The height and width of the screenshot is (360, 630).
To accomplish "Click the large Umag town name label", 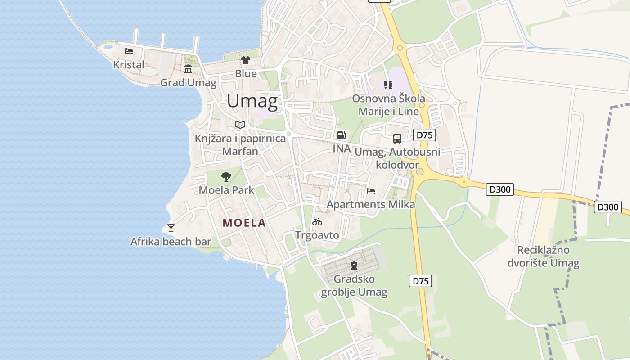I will [252, 101].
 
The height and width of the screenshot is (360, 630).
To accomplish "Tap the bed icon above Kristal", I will [129, 51].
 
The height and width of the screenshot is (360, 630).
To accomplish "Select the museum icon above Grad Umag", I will [188, 69].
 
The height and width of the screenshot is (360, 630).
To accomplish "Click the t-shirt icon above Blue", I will [245, 60].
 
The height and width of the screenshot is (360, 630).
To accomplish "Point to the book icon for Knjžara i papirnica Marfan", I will [240, 125].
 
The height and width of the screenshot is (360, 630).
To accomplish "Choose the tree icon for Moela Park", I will [226, 177].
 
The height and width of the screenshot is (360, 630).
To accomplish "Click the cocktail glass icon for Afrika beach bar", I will [171, 228].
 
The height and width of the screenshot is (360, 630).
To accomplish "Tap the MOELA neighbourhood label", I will [244, 223].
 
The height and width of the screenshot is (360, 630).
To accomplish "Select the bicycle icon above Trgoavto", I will [317, 222].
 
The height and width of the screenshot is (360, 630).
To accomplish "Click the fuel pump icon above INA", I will [342, 135].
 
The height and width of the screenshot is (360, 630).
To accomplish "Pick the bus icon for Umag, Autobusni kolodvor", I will [397, 139].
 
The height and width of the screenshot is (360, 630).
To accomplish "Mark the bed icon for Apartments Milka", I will [371, 191].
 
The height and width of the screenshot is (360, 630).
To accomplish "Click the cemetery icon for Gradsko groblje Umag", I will [354, 265].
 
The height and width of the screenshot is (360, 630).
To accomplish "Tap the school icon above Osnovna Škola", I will [388, 85].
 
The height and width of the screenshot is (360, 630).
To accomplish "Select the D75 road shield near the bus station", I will [424, 135].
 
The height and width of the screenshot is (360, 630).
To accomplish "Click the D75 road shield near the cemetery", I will [421, 281].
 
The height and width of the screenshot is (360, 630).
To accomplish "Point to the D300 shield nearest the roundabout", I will [500, 190].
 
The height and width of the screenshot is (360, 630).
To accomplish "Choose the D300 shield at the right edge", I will [607, 207].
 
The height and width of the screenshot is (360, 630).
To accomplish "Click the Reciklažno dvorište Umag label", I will [544, 256].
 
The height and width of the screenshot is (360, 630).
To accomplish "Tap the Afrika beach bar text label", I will [171, 242].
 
